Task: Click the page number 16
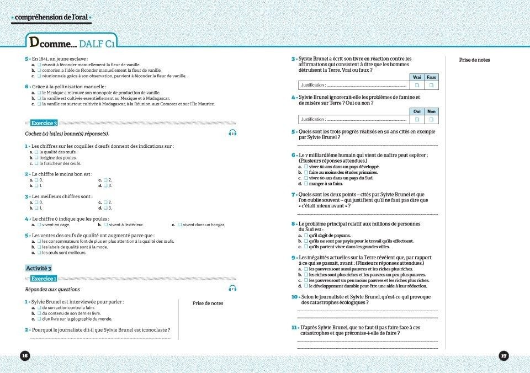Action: [x=24, y=355]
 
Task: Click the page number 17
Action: [x=504, y=355]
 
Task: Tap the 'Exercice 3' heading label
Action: [x=44, y=122]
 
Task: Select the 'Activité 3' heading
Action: [x=39, y=268]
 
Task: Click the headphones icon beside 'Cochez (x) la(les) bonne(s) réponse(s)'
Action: [x=232, y=133]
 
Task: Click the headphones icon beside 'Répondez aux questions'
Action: [x=232, y=289]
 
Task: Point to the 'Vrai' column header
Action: [x=417, y=77]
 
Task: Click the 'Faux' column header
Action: [x=431, y=77]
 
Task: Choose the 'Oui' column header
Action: [x=417, y=111]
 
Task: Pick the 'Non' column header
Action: [x=431, y=111]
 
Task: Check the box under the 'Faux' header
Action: [x=431, y=86]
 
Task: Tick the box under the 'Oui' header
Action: [x=417, y=119]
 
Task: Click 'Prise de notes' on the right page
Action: [x=474, y=60]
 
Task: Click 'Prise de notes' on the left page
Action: [x=208, y=303]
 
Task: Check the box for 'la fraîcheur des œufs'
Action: [x=36, y=163]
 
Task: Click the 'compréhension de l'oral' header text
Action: [x=51, y=18]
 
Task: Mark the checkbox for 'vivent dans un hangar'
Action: [x=180, y=225]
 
